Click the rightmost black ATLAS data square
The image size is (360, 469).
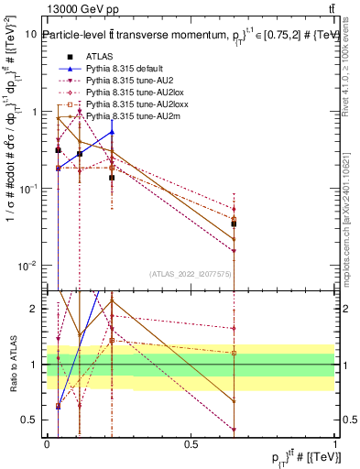(235, 224)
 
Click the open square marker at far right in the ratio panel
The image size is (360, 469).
(235, 353)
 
